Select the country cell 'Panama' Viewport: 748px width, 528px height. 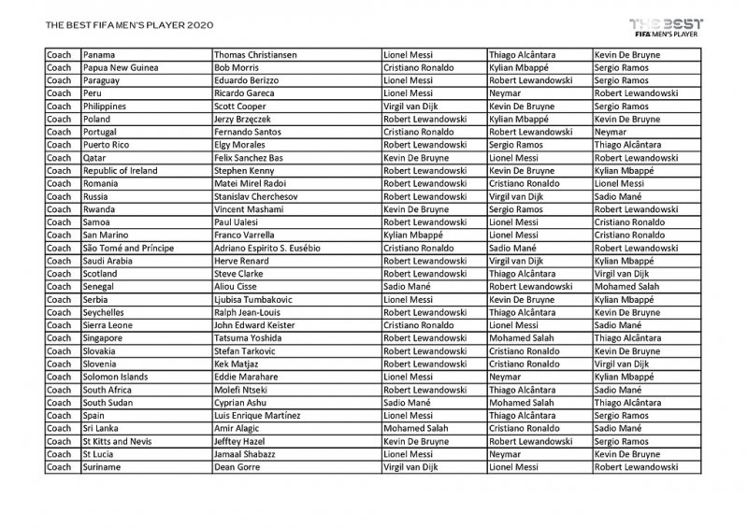(x=99, y=56)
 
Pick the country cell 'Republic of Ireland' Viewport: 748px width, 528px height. (x=121, y=171)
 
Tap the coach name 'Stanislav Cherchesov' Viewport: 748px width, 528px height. (x=256, y=197)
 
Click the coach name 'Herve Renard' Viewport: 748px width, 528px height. (x=241, y=262)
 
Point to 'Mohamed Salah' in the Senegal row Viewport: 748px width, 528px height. (x=626, y=287)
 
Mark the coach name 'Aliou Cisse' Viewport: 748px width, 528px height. (x=237, y=287)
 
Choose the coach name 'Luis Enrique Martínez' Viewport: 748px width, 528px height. (x=258, y=415)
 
